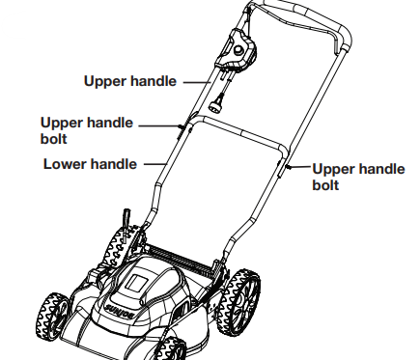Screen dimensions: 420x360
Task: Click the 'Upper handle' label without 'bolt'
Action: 130,81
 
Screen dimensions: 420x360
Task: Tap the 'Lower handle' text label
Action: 90,164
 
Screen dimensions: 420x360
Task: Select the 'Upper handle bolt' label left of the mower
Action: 87,130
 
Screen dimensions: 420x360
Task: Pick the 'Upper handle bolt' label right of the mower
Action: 358,177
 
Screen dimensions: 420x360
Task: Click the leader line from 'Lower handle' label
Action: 155,164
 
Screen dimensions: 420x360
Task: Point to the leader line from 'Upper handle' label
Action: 197,82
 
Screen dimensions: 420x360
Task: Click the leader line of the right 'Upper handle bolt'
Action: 300,167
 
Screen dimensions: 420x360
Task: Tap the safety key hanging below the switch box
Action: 216,103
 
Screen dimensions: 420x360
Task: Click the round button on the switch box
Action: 238,49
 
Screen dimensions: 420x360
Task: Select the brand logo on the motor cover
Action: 120,311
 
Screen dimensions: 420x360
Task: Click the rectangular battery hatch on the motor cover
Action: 138,283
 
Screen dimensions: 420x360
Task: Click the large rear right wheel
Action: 238,302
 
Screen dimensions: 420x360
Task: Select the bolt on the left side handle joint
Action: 182,127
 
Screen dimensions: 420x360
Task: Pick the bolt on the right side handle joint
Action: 288,167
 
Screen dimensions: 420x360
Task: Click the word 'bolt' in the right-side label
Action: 325,185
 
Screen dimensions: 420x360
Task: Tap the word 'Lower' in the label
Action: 64,164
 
